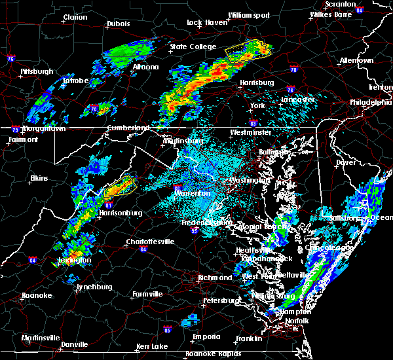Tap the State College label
coord(193,46)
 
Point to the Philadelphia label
coord(369,102)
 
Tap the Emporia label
coord(206,336)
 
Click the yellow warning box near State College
coord(246,50)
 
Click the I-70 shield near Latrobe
coord(94,109)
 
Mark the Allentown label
coord(356,60)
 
